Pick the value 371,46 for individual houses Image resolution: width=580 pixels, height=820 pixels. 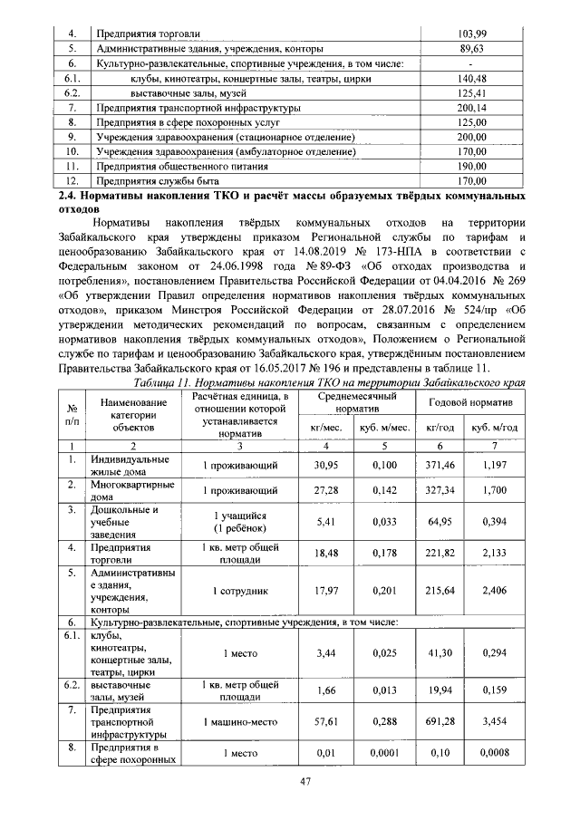(x=438, y=464)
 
